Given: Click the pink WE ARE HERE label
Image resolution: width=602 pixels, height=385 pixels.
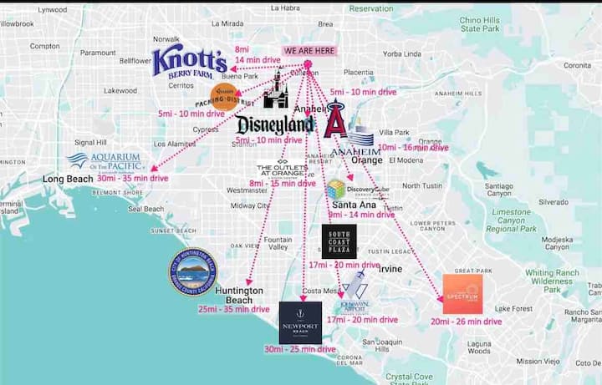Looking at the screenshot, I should point(309,51).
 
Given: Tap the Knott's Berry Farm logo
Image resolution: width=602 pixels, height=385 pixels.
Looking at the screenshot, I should point(189,62).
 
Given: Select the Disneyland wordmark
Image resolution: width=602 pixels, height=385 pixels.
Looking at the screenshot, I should point(275,125).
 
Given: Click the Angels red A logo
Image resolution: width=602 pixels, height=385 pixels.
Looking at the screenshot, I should point(335,119).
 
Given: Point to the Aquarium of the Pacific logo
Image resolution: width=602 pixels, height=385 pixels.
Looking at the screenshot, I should point(105,160).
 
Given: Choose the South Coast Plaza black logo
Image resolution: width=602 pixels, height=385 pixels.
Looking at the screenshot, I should point(339,241).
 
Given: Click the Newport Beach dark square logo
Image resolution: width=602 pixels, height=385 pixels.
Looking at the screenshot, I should point(300,322).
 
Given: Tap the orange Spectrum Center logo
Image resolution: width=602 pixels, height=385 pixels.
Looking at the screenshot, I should point(462,294).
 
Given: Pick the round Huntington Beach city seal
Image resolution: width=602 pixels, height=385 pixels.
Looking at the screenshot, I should point(192,272).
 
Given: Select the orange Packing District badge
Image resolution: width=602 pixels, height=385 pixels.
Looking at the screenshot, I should point(222,98).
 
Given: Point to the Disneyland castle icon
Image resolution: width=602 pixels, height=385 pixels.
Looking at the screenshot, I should point(275,90).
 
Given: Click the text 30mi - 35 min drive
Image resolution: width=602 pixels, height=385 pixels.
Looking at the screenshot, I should point(132,178).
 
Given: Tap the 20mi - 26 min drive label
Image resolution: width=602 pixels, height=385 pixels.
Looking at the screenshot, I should point(466,321).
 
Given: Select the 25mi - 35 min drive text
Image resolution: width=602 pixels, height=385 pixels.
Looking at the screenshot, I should point(234,309).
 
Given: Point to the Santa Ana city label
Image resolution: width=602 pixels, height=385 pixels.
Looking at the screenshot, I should point(349,205).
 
